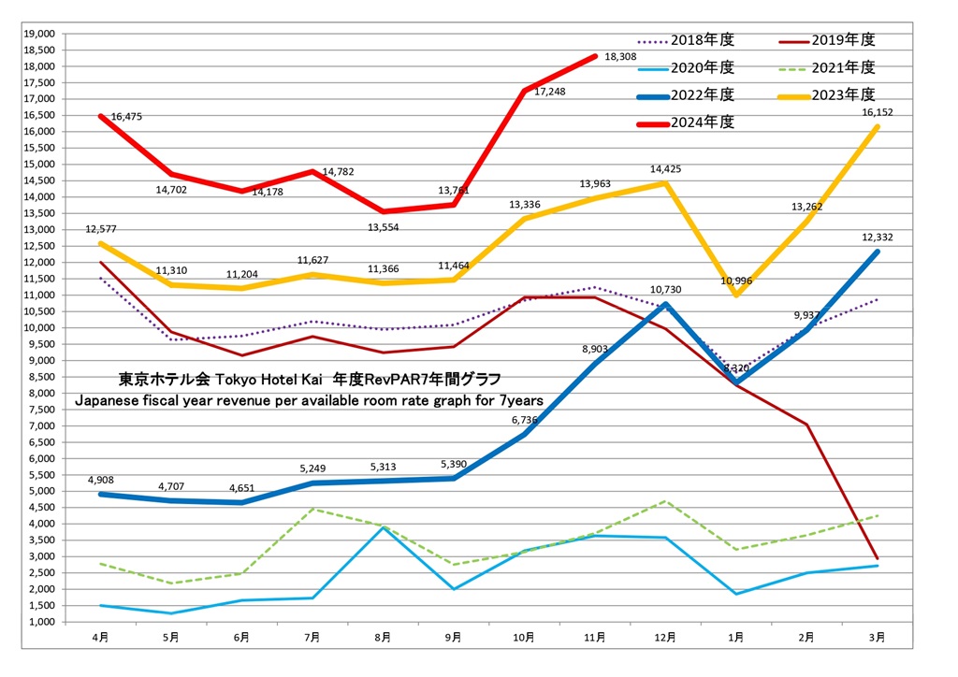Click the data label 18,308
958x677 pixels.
coord(621,57)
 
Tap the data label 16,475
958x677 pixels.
coord(126,117)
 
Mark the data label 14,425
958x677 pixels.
coord(666,169)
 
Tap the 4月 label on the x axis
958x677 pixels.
coord(100,637)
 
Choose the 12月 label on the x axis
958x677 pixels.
coord(665,637)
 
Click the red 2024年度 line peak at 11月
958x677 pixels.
coord(595,56)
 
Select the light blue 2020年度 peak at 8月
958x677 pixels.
coord(383,527)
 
